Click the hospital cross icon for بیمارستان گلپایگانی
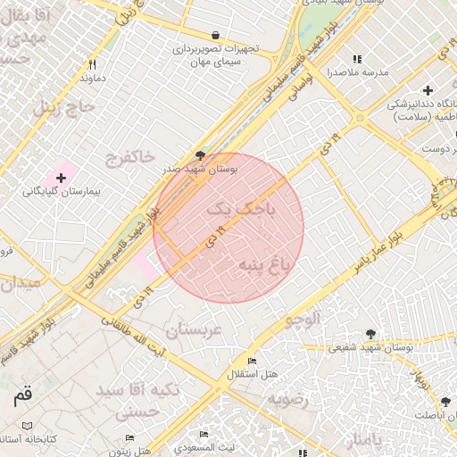point(61,179)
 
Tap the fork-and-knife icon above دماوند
point(92,64)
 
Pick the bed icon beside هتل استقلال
point(253,361)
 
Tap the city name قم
point(21,394)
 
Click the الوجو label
point(301,319)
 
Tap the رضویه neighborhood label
point(287,399)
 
